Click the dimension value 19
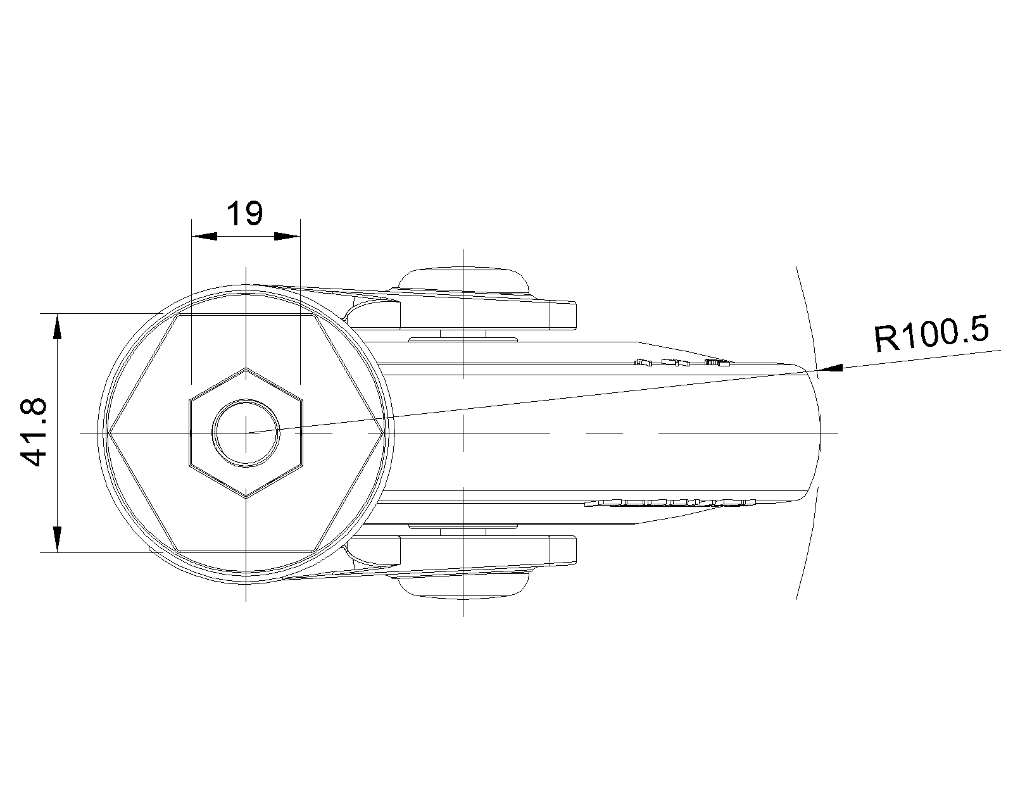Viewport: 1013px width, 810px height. pyautogui.click(x=244, y=213)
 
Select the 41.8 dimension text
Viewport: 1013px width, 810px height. pyautogui.click(x=34, y=432)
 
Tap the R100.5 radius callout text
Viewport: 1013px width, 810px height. pyautogui.click(x=931, y=333)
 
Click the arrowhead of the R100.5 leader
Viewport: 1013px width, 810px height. pyautogui.click(x=829, y=368)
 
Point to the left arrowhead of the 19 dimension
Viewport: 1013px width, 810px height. pyautogui.click(x=204, y=236)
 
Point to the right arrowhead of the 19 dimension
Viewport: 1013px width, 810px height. pyautogui.click(x=287, y=236)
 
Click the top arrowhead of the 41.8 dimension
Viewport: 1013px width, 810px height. pyautogui.click(x=57, y=327)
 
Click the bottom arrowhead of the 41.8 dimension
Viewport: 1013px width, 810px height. pyautogui.click(x=57, y=539)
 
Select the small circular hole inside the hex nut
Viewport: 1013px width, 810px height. pyautogui.click(x=246, y=433)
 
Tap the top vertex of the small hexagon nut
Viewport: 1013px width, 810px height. pyautogui.click(x=246, y=368)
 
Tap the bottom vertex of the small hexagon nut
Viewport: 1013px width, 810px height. pyautogui.click(x=246, y=497)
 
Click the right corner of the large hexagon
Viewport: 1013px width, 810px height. pyautogui.click(x=382, y=433)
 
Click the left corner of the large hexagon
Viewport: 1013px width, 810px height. pyautogui.click(x=109, y=433)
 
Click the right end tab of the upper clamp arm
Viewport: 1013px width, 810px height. pyautogui.click(x=563, y=315)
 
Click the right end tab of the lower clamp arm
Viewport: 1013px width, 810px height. pyautogui.click(x=563, y=550)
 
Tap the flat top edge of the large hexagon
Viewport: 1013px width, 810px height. pyautogui.click(x=246, y=315)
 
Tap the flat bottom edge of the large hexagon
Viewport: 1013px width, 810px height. pyautogui.click(x=246, y=551)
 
